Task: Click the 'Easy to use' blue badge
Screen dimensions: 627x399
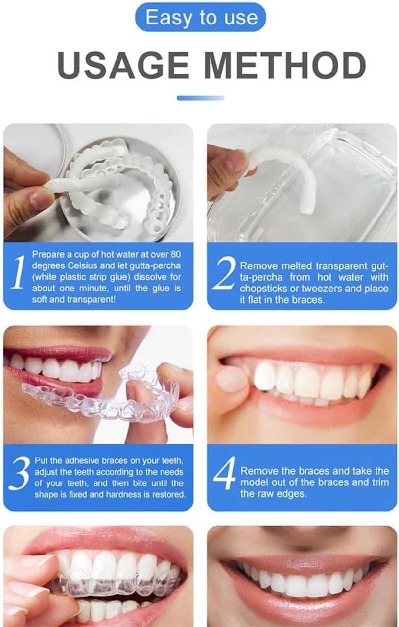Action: (x=200, y=18)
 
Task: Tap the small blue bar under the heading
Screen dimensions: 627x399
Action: (x=200, y=98)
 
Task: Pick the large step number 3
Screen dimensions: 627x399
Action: (x=19, y=473)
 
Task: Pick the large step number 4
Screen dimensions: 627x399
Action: (x=225, y=473)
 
